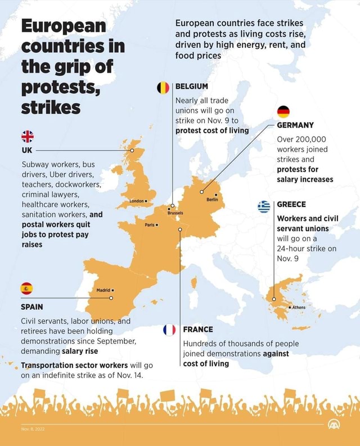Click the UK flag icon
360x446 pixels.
(x=28, y=137)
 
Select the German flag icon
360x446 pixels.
(x=283, y=111)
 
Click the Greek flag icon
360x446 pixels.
(x=264, y=206)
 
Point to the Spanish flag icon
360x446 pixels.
(x=27, y=289)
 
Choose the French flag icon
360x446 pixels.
(x=169, y=330)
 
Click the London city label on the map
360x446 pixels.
(x=138, y=200)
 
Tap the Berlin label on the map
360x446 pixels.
(x=211, y=199)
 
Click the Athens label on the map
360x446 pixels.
(x=297, y=308)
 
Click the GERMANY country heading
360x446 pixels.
(x=295, y=125)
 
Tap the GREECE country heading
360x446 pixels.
(x=291, y=205)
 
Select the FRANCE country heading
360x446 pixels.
(x=198, y=330)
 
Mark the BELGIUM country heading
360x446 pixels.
(x=192, y=86)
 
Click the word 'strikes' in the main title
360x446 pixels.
(x=51, y=107)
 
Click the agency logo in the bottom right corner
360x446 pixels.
(x=334, y=425)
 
